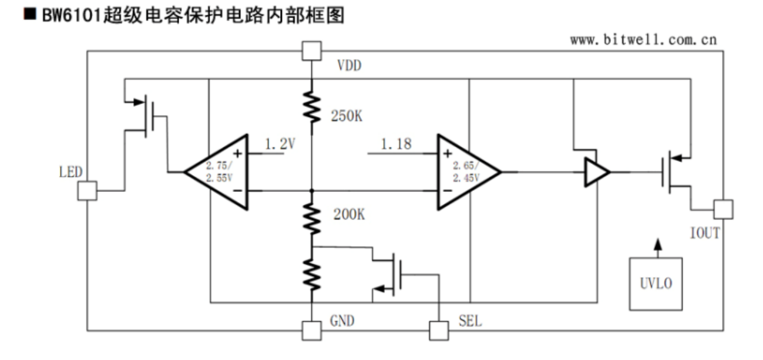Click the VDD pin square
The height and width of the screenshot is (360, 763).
(x=311, y=51)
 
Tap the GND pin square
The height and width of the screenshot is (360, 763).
(x=311, y=331)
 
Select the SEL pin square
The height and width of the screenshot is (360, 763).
(x=438, y=331)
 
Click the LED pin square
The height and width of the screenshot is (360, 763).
(x=87, y=190)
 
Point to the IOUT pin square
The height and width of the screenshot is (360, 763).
(x=722, y=209)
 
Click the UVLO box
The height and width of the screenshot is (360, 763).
(x=656, y=284)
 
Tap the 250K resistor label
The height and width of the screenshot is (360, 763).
(x=347, y=116)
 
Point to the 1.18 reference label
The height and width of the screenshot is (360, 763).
(x=395, y=144)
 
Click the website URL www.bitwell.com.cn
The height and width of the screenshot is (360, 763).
(x=643, y=41)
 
